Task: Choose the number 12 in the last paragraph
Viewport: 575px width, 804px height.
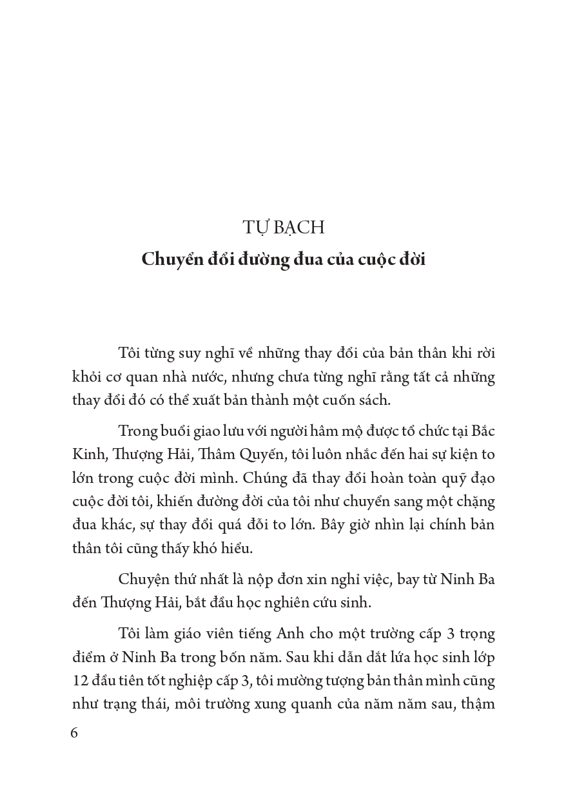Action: point(81,680)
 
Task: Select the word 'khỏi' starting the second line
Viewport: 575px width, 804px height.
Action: point(88,376)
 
